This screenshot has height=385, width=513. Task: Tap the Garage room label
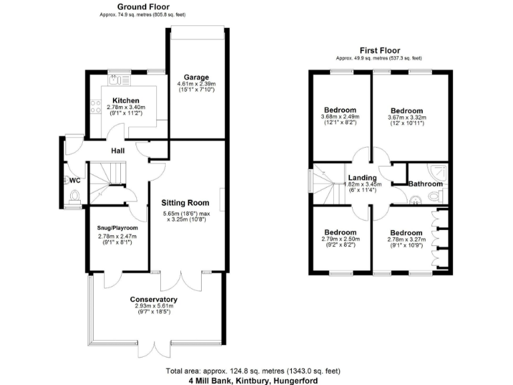coord(195,77)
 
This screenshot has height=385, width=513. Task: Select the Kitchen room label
coord(126,101)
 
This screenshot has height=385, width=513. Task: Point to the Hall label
coord(118,151)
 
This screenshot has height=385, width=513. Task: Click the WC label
coord(74,180)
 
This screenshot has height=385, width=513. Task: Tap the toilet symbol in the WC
coord(74,196)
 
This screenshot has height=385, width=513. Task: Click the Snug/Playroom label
coord(117,228)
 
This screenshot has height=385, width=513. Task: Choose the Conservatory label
coord(154,299)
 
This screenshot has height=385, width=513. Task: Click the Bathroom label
coord(425,184)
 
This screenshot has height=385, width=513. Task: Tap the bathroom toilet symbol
coord(435,196)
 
